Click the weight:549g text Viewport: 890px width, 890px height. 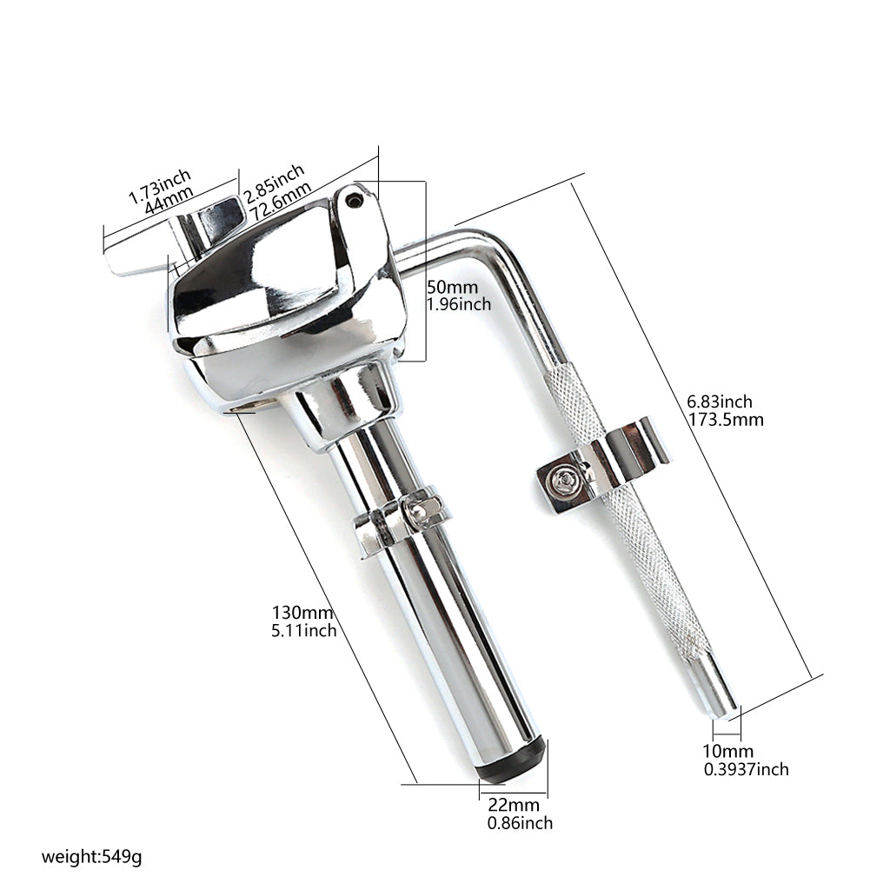(91, 855)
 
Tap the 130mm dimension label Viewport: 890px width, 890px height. (302, 613)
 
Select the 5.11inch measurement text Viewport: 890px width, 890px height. (303, 631)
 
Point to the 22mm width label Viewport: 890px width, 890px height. (514, 805)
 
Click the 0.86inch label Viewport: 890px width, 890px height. (520, 823)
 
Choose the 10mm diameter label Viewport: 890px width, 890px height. (728, 752)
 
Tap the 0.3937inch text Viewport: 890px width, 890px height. (747, 770)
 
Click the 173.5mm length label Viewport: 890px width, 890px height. (726, 420)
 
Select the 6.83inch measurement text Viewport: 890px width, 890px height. (720, 402)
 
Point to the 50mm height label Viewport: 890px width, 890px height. (452, 287)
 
